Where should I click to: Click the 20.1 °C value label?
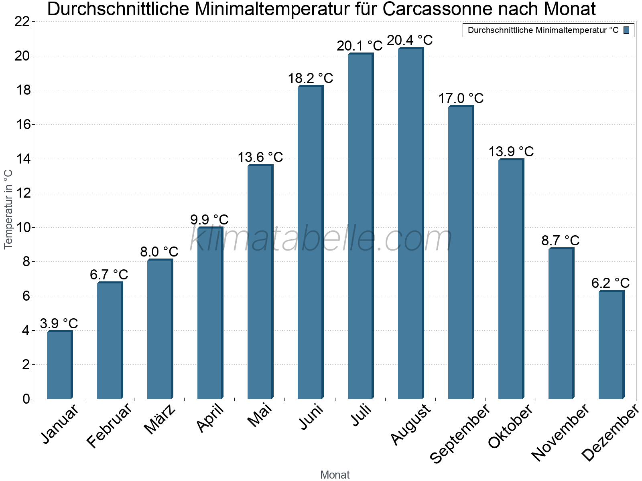click(x=360, y=46)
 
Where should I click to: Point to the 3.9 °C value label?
click(x=59, y=323)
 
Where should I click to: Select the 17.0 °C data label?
click(x=461, y=98)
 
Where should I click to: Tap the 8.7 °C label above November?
click(x=560, y=240)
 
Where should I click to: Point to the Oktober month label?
click(x=510, y=426)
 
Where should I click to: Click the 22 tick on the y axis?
click(x=22, y=22)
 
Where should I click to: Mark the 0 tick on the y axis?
click(x=26, y=399)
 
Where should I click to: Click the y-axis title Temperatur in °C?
click(x=8, y=209)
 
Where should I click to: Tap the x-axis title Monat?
click(x=335, y=475)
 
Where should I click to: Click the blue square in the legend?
click(x=627, y=30)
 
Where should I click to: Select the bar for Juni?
click(x=310, y=243)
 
